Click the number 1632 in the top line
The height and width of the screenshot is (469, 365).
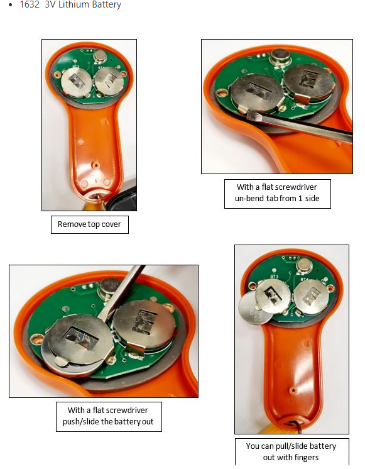coord(30,4)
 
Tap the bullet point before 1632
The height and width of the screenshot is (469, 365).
coord(11,5)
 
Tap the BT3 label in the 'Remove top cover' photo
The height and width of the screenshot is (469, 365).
coord(76,67)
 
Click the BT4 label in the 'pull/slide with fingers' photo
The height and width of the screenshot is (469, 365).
coord(304,280)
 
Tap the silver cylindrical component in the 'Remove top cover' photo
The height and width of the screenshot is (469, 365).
coord(100,56)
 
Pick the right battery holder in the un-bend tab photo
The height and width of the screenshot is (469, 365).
coord(308,80)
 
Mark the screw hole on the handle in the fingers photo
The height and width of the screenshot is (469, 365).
coord(293,390)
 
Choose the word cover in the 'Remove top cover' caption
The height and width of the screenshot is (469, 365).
coord(111,224)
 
